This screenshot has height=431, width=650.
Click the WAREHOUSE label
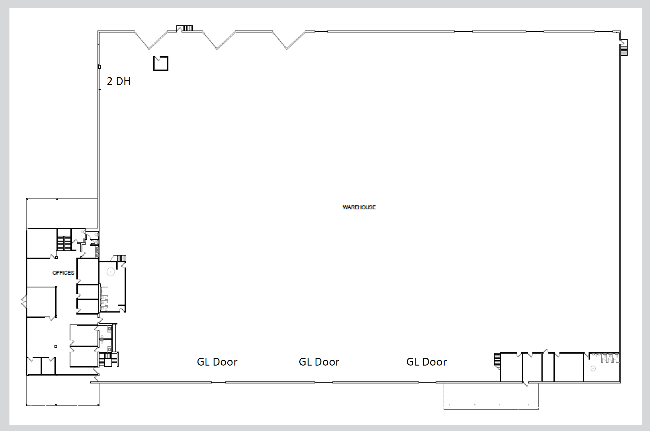[x=359, y=207]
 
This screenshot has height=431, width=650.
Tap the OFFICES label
[x=63, y=273]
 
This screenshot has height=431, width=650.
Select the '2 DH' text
[x=119, y=81]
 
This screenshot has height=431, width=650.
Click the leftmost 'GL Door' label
[x=217, y=362]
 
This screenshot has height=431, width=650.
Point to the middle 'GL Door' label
[x=319, y=362]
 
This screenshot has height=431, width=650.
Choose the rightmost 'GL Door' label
[x=426, y=362]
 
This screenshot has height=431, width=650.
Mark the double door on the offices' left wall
[x=24, y=302]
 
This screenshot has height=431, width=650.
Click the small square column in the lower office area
[x=56, y=346]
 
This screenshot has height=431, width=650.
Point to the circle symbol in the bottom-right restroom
[x=593, y=368]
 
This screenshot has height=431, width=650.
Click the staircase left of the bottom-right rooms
[x=497, y=360]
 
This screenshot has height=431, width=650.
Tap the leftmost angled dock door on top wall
[x=151, y=40]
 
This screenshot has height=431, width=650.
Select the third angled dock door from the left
[x=289, y=40]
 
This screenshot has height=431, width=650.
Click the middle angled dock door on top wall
[x=219, y=40]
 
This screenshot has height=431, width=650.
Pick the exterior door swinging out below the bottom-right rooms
[x=526, y=383]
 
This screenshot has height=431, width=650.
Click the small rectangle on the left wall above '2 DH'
[x=99, y=67]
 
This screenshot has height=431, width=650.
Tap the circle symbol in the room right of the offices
[x=111, y=272]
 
